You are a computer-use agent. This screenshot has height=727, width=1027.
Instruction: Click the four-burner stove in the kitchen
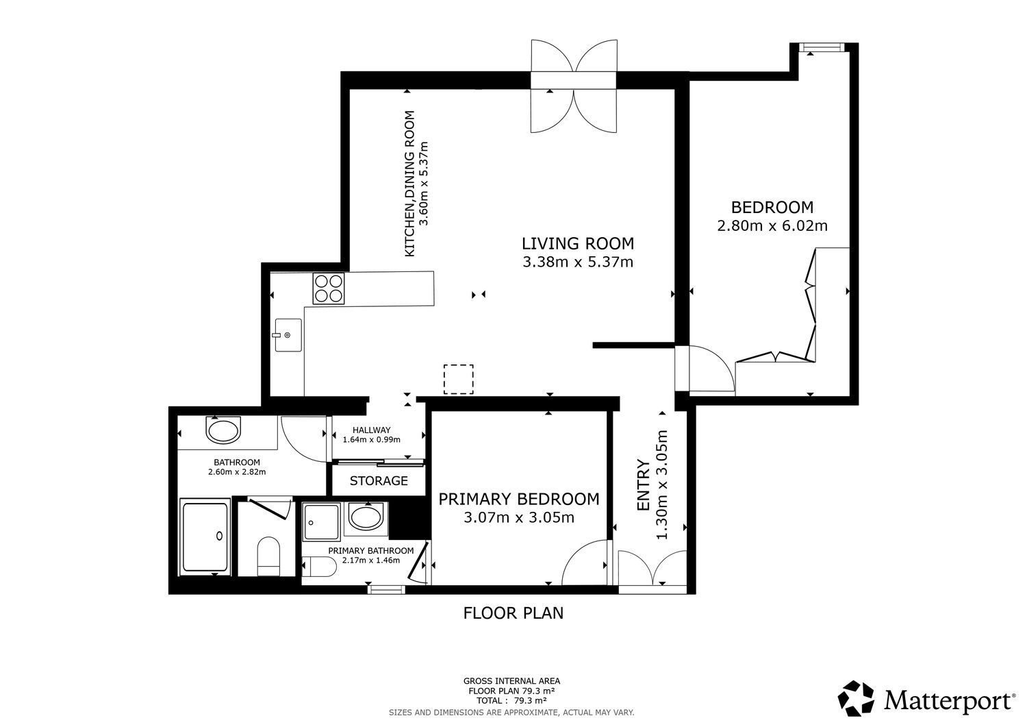pyautogui.click(x=329, y=288)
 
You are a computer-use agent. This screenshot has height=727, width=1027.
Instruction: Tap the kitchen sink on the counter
pyautogui.click(x=288, y=335)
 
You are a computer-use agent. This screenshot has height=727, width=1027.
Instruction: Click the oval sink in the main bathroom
pyautogui.click(x=224, y=431)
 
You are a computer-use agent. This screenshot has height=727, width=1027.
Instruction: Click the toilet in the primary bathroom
pyautogui.click(x=320, y=567)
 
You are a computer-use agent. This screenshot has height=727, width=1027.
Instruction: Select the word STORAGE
pyautogui.click(x=379, y=481)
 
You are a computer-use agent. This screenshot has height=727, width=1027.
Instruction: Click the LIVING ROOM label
pyautogui.click(x=577, y=243)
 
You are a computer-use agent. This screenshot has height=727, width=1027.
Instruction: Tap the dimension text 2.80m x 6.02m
pyautogui.click(x=772, y=225)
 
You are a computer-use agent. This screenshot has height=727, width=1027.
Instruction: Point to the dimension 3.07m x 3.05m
pyautogui.click(x=518, y=517)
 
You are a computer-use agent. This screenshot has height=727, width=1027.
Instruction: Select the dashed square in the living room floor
pyautogui.click(x=458, y=380)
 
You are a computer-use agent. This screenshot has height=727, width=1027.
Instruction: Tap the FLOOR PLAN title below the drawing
pyautogui.click(x=513, y=613)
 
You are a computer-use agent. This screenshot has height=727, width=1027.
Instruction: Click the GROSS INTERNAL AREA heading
pyautogui.click(x=511, y=681)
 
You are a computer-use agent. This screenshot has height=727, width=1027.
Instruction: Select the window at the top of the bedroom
pyautogui.click(x=822, y=47)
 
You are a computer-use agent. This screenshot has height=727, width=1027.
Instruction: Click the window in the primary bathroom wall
pyautogui.click(x=385, y=589)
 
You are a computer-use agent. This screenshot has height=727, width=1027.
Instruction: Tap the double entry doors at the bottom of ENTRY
pyautogui.click(x=652, y=569)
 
